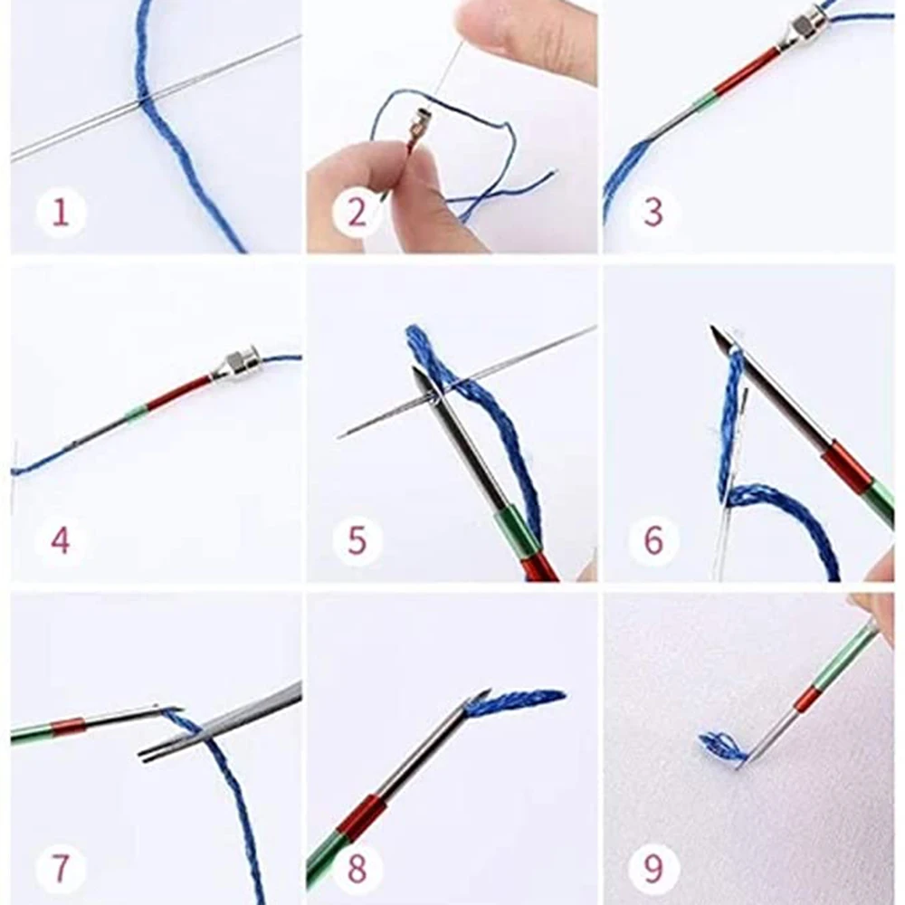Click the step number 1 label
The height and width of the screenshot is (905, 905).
(61, 212)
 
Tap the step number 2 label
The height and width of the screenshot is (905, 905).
(357, 212)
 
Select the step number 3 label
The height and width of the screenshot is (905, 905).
(653, 212)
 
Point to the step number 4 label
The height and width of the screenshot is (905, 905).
(60, 541)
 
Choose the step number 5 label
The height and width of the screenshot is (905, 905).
(357, 541)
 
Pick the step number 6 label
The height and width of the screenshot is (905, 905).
(653, 541)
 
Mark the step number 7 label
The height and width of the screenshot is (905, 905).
(61, 869)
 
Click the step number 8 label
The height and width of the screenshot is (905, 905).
(357, 869)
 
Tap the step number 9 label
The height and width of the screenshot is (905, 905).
(653, 869)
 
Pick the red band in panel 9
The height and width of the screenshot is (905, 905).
(807, 699)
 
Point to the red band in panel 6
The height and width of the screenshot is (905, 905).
(847, 469)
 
